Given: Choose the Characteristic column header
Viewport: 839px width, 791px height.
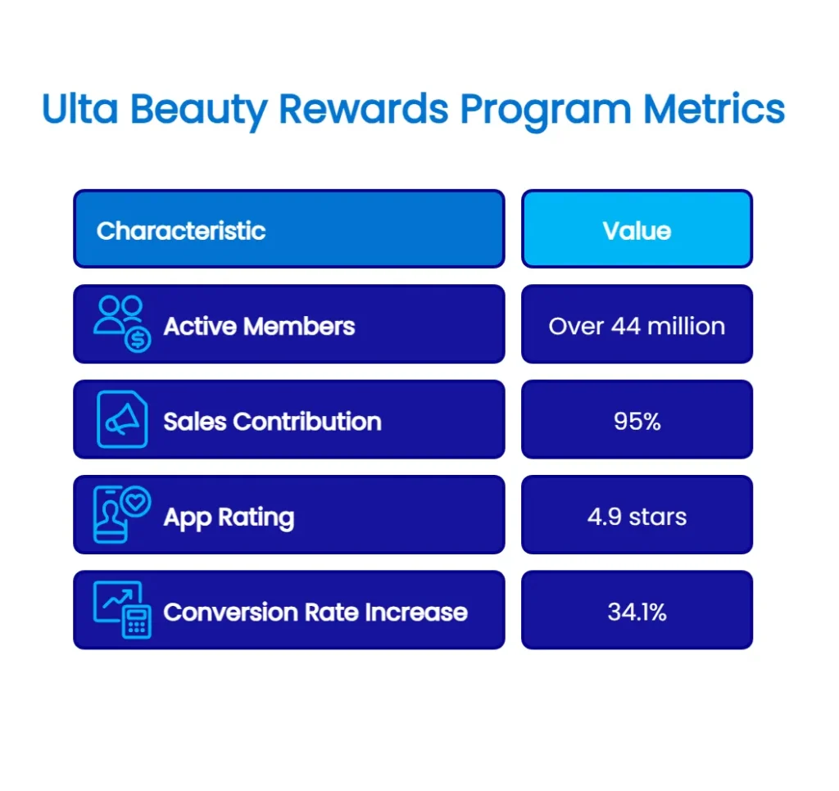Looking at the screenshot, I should [x=181, y=230].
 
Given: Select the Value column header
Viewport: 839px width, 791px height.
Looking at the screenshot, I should [x=637, y=230].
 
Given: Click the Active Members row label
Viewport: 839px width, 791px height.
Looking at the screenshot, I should [x=259, y=326].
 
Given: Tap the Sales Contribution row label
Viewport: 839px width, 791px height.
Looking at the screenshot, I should [x=272, y=421].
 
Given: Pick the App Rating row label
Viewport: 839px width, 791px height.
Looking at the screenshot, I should [x=229, y=517].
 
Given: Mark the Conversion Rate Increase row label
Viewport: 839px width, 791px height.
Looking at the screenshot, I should [x=315, y=612].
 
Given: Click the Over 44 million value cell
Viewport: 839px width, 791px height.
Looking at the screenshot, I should [x=637, y=326].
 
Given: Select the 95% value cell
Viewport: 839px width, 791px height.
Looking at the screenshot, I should [x=637, y=421].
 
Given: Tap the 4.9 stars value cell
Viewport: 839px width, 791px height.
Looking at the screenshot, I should [x=637, y=517].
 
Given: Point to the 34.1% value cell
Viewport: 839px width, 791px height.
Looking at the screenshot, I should [x=637, y=612].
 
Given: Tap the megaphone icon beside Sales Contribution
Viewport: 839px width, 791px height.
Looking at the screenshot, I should [x=122, y=420].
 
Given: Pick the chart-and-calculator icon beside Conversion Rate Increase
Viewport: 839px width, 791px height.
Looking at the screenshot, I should [x=122, y=610].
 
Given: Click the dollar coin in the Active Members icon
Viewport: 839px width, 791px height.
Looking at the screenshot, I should [x=137, y=338].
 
